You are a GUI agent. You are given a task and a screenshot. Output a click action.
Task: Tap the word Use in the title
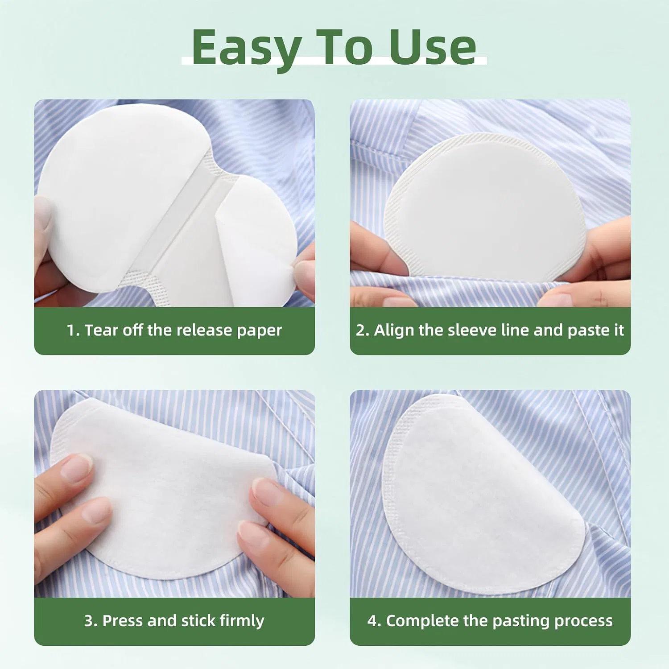point(433,47)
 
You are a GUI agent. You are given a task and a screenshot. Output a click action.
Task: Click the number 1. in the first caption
point(73,330)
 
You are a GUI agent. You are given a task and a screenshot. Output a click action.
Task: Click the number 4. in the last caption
point(374,621)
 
